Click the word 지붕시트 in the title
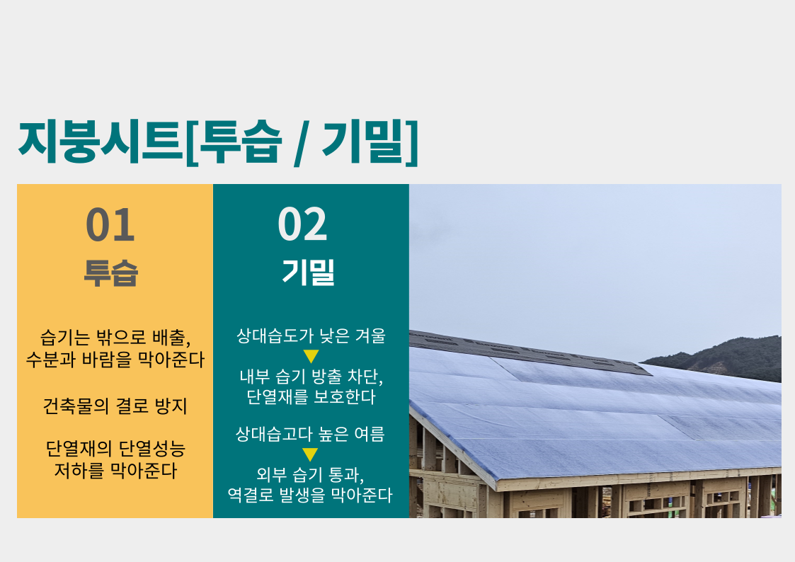click(x=101, y=142)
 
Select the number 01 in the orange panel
click(x=110, y=224)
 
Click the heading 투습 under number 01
click(x=111, y=274)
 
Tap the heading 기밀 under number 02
click(x=308, y=272)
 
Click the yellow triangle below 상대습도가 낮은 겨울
click(x=310, y=356)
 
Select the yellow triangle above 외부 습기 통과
click(x=310, y=454)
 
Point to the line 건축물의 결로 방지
click(x=115, y=406)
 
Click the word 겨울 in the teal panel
click(x=370, y=336)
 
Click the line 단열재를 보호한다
click(x=311, y=397)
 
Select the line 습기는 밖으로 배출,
click(x=115, y=338)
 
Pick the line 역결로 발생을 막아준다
click(x=310, y=495)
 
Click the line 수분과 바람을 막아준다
click(x=115, y=360)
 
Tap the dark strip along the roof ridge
click(x=530, y=352)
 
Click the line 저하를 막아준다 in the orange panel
click(x=115, y=471)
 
